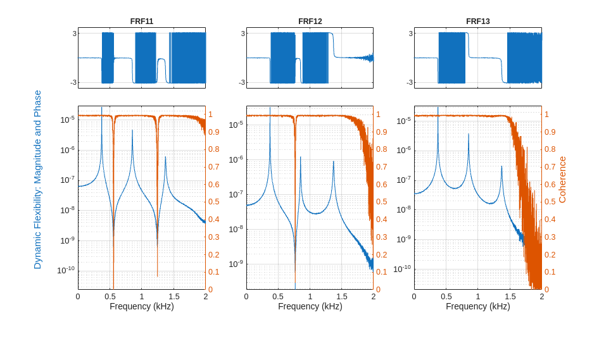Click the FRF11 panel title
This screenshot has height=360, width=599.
click(x=142, y=21)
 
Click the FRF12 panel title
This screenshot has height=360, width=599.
click(x=310, y=21)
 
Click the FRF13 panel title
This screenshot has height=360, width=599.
click(x=478, y=21)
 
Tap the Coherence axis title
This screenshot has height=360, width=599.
click(x=562, y=180)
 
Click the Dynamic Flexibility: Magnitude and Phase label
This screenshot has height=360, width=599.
click(x=37, y=180)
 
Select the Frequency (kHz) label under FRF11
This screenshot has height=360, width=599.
click(x=142, y=306)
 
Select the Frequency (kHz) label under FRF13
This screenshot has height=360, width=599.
click(x=478, y=306)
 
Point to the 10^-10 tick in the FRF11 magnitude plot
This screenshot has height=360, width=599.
click(x=66, y=270)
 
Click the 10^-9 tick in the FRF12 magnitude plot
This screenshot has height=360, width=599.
click(x=236, y=264)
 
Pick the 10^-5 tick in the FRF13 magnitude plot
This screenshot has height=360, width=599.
click(x=403, y=120)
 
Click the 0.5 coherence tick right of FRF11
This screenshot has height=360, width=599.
click(x=214, y=202)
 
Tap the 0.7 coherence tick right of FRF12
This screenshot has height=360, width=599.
click(x=382, y=167)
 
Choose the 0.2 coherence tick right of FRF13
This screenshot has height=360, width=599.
click(x=550, y=254)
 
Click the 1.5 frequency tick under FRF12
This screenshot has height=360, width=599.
click(x=342, y=296)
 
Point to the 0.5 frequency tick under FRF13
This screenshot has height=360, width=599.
click(x=446, y=296)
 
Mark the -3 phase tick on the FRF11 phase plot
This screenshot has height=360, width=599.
click(x=74, y=82)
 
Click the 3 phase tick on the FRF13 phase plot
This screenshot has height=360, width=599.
click(x=410, y=34)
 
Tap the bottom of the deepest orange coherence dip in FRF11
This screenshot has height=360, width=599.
click(x=113, y=287)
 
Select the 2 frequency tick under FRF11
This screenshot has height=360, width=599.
click(x=205, y=296)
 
